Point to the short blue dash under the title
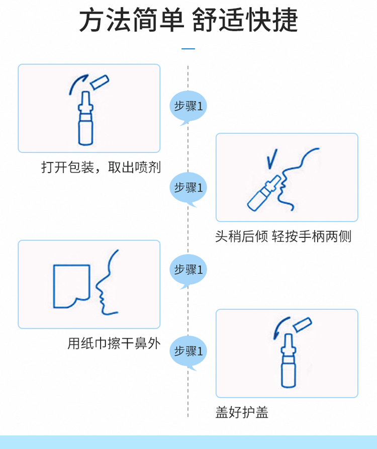tap(188, 49)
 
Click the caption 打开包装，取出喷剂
tap(101, 167)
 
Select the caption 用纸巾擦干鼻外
tap(114, 343)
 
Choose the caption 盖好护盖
tap(242, 412)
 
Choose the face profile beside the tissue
tap(107, 284)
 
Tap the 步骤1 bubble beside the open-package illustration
tap(188, 107)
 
